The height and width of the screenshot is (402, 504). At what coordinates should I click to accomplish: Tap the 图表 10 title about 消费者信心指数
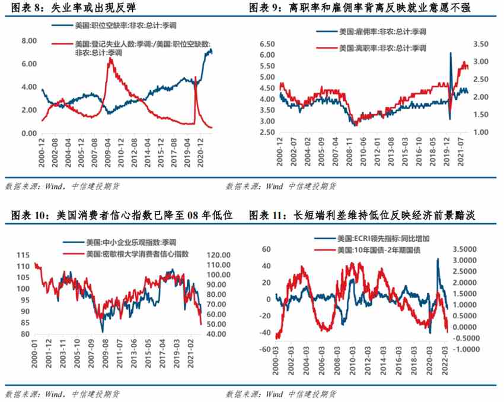[119, 214]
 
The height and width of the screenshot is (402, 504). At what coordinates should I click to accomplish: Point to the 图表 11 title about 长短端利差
[363, 214]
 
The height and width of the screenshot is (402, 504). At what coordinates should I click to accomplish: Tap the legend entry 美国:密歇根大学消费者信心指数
[136, 254]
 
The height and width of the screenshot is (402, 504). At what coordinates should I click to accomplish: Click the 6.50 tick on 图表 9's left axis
[267, 44]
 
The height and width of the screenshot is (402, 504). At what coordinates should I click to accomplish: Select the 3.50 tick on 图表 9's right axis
[481, 44]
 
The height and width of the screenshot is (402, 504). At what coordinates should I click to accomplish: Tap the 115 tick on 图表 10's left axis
[26, 255]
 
